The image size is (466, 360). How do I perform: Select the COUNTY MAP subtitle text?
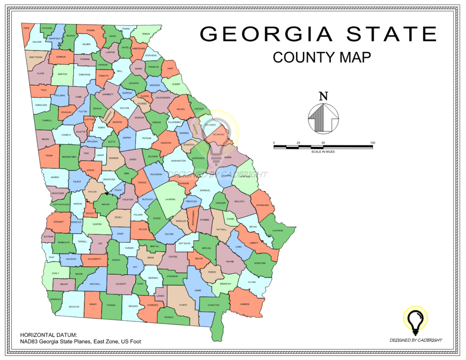click(322, 57)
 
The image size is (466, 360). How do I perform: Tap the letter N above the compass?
click(323, 96)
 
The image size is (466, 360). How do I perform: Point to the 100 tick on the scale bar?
click(373, 143)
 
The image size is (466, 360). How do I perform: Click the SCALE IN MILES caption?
click(323, 152)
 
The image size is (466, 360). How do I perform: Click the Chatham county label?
click(279, 230)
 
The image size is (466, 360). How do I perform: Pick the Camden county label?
click(245, 304)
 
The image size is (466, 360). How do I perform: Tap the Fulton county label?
click(83, 112)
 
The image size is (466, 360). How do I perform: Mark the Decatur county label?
click(74, 307)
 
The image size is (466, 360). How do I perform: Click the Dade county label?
click(26, 28)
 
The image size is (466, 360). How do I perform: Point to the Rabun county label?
click(146, 34)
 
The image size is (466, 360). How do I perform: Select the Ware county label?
click(198, 290)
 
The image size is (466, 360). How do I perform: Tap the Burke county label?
click(228, 157)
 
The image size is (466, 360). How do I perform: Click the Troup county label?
click(49, 156)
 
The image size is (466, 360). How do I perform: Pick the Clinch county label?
click(183, 304)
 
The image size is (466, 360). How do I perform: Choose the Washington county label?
click(178, 161)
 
